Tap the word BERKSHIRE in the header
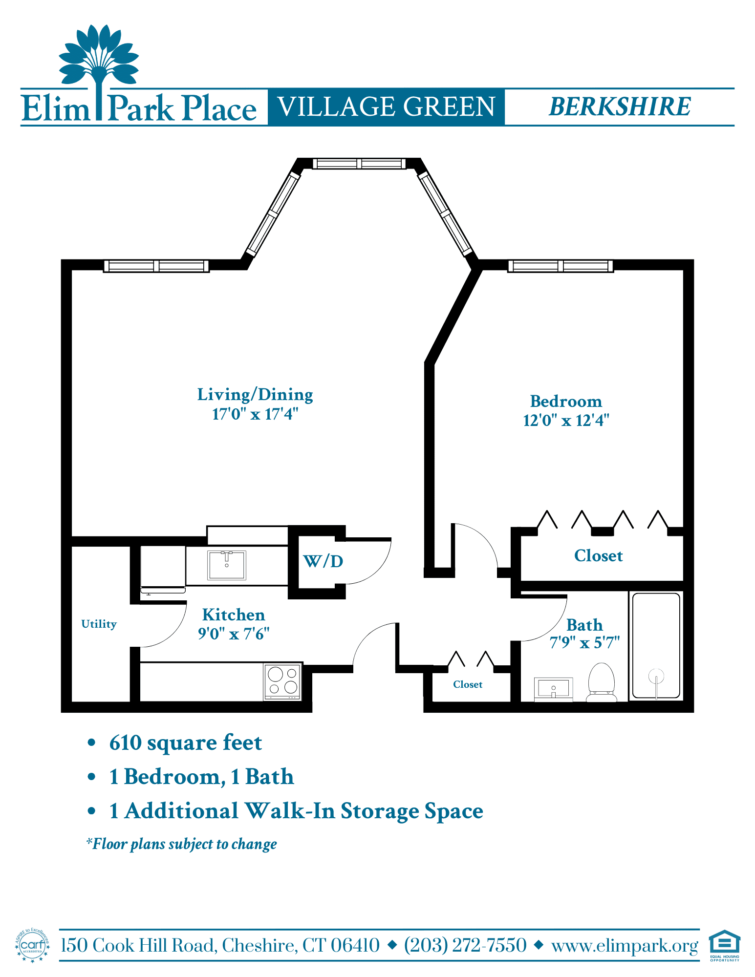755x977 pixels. (620, 106)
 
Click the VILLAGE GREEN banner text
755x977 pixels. (387, 106)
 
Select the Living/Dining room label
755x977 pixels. (255, 395)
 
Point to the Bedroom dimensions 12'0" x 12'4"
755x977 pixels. (566, 420)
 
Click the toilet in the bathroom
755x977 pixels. (601, 682)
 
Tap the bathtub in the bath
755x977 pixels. (656, 645)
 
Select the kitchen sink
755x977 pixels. (227, 565)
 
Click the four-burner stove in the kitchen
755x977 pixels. (283, 681)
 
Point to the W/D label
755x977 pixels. (323, 561)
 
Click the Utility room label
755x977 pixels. (99, 624)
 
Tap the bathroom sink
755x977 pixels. (553, 689)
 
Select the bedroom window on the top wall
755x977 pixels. (561, 266)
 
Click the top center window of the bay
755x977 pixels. (359, 163)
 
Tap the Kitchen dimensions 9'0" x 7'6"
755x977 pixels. (234, 634)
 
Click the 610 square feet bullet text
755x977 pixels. (186, 743)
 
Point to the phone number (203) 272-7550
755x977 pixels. (465, 945)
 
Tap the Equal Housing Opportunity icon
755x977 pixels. (725, 945)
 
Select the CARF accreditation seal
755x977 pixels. (33, 945)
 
